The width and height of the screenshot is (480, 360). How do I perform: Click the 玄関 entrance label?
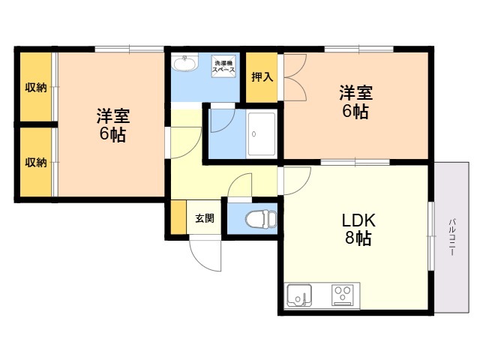[x=205, y=219]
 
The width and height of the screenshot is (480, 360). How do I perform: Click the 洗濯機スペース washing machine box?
[x=226, y=65]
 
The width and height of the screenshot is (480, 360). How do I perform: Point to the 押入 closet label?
[x=262, y=76]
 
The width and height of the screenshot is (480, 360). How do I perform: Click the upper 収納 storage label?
[x=36, y=88]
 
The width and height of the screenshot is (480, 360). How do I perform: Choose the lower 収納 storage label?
[x=36, y=162]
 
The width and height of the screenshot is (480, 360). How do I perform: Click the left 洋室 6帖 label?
[x=112, y=126]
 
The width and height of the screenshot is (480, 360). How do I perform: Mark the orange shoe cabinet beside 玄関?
[x=178, y=218]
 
